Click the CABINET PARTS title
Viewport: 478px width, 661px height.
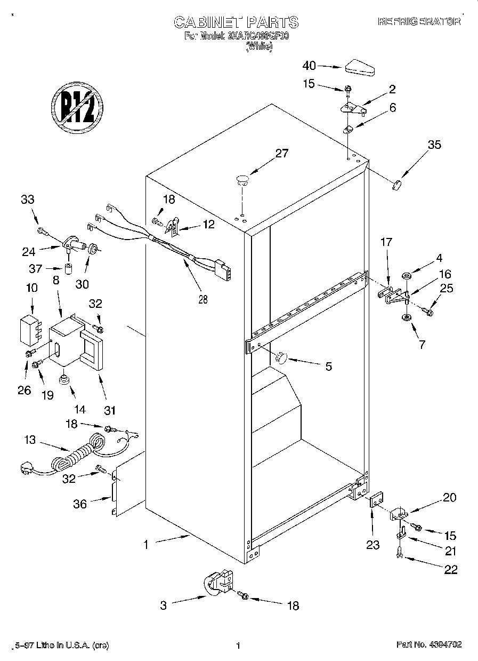coord(237,22)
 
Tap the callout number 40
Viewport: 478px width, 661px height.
coord(309,66)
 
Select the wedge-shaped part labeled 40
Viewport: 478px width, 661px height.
coord(360,68)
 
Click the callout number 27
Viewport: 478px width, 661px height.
coord(281,154)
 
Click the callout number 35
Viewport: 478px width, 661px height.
coord(434,144)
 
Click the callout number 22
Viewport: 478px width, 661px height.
coord(451,570)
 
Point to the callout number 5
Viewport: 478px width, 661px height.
coord(328,366)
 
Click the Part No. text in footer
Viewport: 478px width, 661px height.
coord(428,644)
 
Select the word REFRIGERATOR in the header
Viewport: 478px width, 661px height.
coord(419,22)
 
